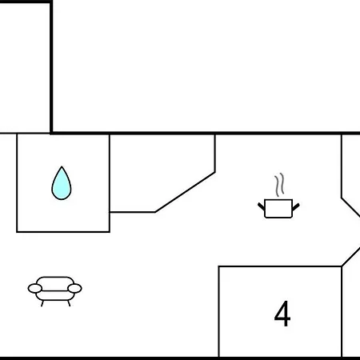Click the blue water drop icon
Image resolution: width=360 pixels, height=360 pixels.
click(62, 183)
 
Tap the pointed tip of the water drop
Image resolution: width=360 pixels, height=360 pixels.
click(62, 166)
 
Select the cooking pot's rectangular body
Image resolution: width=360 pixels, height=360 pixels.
click(278, 209)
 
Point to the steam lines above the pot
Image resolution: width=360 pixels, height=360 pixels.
click(279, 185)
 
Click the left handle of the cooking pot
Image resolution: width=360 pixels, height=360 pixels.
click(261, 206)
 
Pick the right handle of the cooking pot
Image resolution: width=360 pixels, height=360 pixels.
click(296, 206)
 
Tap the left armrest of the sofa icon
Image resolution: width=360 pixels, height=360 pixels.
click(35, 288)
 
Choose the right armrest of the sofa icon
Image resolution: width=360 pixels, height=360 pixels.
click(74, 288)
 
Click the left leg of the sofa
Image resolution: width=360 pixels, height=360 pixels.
click(42, 303)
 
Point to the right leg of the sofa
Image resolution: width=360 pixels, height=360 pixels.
click(69, 303)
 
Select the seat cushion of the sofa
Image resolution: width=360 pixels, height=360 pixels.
click(54, 295)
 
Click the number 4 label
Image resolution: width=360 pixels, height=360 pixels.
click(282, 314)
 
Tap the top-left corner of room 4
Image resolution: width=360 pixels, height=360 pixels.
click(218, 266)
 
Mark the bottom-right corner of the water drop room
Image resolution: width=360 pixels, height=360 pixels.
click(110, 232)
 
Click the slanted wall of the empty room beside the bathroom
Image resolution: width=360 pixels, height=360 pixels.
click(185, 192)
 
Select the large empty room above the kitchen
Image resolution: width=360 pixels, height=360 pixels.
click(206, 66)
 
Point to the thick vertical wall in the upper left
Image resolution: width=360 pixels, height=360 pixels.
click(51, 66)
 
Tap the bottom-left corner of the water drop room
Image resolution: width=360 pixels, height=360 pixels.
click(17, 232)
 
